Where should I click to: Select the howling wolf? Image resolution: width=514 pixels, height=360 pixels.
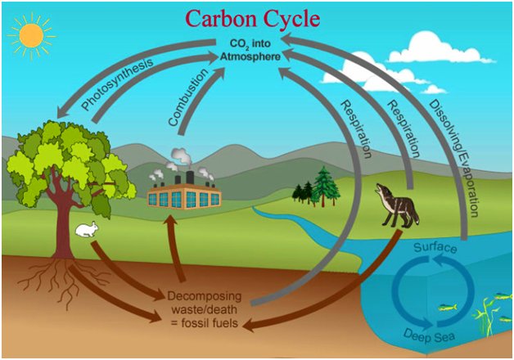(399, 204)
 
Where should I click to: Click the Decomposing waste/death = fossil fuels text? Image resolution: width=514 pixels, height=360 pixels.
(204, 308)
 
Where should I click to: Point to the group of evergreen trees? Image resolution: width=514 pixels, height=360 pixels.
(318, 188)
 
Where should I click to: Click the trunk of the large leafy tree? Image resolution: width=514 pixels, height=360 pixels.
(63, 221)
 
